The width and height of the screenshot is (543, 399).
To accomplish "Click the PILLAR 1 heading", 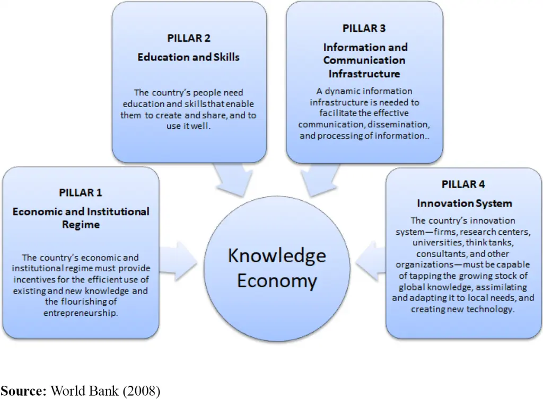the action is pos(81,192).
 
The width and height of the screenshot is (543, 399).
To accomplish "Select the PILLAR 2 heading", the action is pos(188,38).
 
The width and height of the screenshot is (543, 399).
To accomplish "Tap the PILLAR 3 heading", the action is pos(364,28).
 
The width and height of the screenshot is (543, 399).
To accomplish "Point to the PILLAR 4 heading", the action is pos(463,184).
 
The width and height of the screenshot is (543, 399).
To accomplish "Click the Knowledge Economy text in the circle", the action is pos(276,268).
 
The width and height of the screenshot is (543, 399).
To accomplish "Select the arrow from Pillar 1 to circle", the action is pos(178,260).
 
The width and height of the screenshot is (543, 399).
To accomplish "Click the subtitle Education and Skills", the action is pos(188,57).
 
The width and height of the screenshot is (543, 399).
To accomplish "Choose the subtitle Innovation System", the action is pos(465,203).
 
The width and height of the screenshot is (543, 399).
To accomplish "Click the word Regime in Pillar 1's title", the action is pos(81,225).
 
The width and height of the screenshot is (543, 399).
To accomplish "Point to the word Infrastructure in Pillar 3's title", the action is pos(364,73).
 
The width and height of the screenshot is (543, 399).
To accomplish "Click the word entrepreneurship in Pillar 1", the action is pos(81,313).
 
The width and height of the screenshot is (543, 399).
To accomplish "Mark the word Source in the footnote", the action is pos(23,391).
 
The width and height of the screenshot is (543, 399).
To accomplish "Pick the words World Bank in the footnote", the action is pos(85,391).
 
